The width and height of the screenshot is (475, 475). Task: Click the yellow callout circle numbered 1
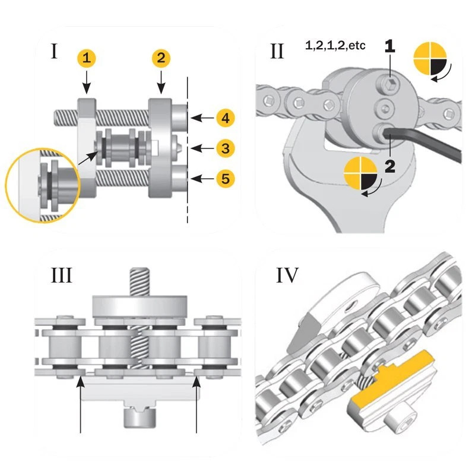pyautogui.click(x=87, y=58)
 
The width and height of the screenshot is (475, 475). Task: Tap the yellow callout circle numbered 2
pyautogui.click(x=161, y=58)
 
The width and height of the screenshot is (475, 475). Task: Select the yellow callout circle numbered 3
pyautogui.click(x=224, y=147)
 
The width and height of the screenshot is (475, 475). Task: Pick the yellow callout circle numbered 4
pyautogui.click(x=224, y=118)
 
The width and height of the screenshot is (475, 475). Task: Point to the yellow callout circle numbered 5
pyautogui.click(x=224, y=178)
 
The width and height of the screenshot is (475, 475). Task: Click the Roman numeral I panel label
pyautogui.click(x=54, y=52)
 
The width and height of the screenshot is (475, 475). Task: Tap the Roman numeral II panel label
pyautogui.click(x=277, y=52)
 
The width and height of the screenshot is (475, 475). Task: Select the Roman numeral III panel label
pyautogui.click(x=61, y=277)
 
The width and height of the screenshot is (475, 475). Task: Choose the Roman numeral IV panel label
pyautogui.click(x=287, y=276)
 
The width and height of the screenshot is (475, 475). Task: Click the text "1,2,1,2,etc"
pyautogui.click(x=335, y=45)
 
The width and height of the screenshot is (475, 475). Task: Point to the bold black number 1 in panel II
pyautogui.click(x=389, y=46)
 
